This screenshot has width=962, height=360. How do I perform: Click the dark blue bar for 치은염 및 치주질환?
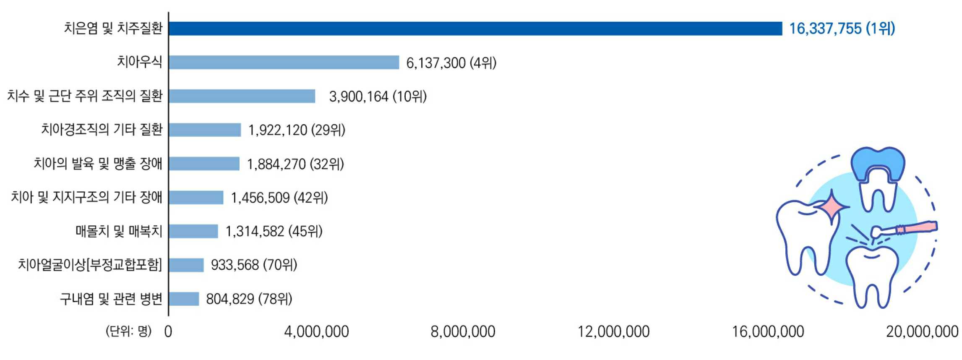coord(475,29)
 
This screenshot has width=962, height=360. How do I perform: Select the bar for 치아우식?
coord(284,63)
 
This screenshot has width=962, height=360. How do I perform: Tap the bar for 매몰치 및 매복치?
coord(193,231)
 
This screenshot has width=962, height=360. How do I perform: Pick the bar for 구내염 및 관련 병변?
coord(184,299)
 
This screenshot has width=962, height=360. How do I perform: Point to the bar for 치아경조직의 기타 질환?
coord(205,130)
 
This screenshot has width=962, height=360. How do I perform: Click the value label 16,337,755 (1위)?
coord(842,29)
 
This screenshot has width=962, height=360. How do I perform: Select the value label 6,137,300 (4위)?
coord(451,63)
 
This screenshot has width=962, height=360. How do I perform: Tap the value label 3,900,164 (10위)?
coord(378,97)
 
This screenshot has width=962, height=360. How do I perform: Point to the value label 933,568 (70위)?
coord(254,265)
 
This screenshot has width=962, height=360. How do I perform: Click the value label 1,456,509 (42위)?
coord(279,198)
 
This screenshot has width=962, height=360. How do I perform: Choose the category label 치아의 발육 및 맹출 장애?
coord(98,164)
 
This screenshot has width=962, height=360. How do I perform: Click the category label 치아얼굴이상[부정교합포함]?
coord(90,265)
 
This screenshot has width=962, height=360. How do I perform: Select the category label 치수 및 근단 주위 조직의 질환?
coord(85,96)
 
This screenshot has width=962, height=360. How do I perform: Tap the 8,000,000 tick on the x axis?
coord(463,332)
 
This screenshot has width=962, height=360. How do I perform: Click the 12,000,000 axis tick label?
coord(613,332)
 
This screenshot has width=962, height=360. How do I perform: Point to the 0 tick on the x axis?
coord(168,332)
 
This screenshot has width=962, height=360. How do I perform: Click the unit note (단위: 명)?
coord(128,331)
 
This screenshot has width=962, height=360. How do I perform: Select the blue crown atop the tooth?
coord(878,164)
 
